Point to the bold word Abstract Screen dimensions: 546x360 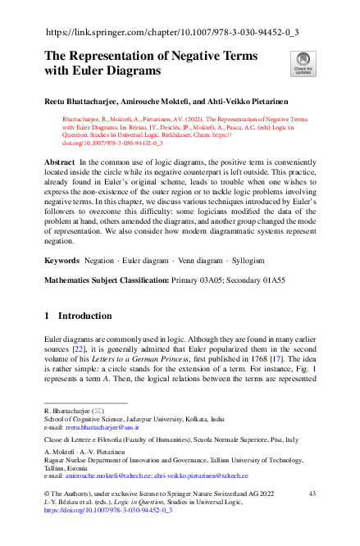tap(60, 164)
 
